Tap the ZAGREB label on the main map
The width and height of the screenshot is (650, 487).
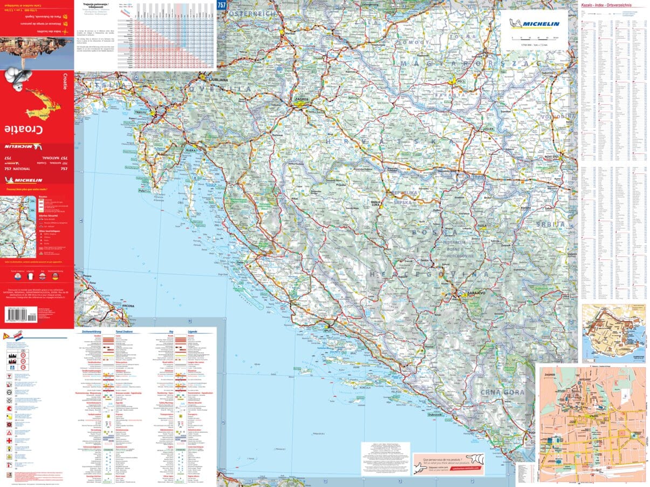[302, 100]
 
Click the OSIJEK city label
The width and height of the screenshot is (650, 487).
[489, 129]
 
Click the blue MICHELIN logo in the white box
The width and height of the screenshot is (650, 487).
[537, 23]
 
